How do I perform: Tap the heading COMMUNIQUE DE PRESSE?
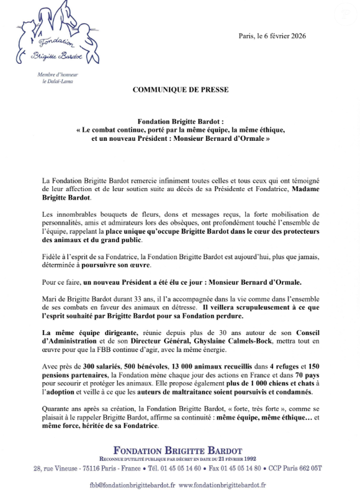180,89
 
